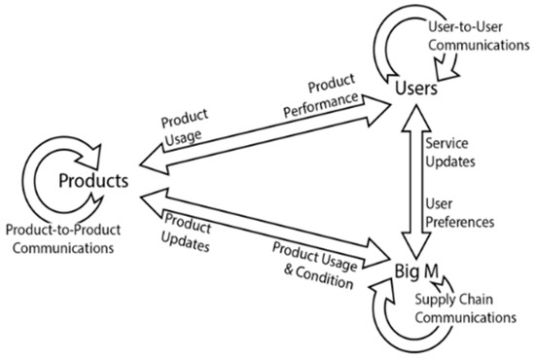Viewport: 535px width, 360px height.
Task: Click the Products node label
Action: click(x=94, y=181)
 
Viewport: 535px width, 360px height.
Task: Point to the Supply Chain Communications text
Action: click(x=463, y=306)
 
